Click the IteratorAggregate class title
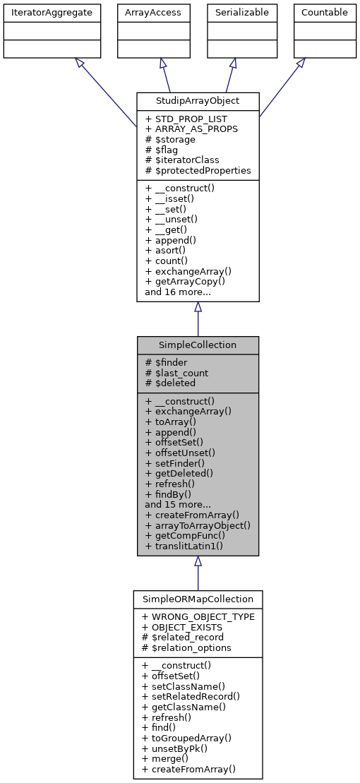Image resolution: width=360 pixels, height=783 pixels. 52,12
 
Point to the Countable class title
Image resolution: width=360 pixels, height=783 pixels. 324,12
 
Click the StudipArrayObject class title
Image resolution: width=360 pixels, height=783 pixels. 198,100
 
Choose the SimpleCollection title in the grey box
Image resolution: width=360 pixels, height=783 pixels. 198,345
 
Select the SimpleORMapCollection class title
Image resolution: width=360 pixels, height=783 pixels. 198,599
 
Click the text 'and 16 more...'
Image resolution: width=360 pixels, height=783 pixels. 178,291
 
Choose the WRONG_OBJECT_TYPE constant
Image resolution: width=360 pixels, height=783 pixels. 198,616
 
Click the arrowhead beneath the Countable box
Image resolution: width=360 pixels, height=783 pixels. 300,63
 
